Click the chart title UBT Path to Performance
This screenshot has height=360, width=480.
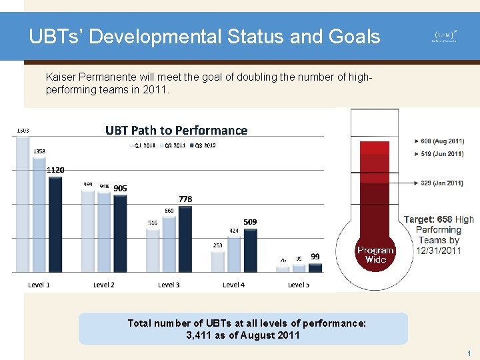176,130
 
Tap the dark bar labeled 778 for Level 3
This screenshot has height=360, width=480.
185,239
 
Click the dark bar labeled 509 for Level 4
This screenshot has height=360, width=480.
250,251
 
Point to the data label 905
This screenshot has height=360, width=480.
119,188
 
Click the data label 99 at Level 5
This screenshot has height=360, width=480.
315,256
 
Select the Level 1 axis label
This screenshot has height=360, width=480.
39,285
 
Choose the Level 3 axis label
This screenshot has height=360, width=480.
169,285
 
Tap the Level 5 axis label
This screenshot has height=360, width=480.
298,285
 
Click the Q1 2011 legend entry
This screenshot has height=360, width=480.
143,145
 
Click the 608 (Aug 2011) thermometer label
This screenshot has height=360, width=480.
440,141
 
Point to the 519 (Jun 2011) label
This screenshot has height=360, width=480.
440,154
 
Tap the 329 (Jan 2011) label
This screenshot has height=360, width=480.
440,183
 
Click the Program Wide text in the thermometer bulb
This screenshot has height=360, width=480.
375,255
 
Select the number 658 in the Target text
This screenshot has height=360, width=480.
444,219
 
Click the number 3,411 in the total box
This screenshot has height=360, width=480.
200,335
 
